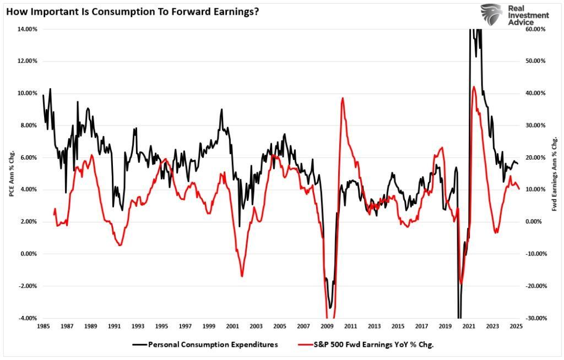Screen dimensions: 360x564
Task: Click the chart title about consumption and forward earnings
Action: point(132,11)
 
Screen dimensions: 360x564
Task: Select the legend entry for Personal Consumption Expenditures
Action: point(205,345)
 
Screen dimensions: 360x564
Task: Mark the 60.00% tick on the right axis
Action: point(535,29)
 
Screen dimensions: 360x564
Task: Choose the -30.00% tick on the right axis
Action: point(535,318)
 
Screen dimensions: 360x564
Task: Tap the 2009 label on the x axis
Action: point(327,326)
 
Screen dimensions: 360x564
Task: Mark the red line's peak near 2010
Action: point(343,98)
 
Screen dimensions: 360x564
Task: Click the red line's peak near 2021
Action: point(474,86)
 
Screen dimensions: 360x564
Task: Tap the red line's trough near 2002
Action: point(242,276)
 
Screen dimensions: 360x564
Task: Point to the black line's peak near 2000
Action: point(221,109)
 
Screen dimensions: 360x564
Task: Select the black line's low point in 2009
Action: point(330,308)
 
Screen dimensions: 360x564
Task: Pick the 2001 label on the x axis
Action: point(232,326)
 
